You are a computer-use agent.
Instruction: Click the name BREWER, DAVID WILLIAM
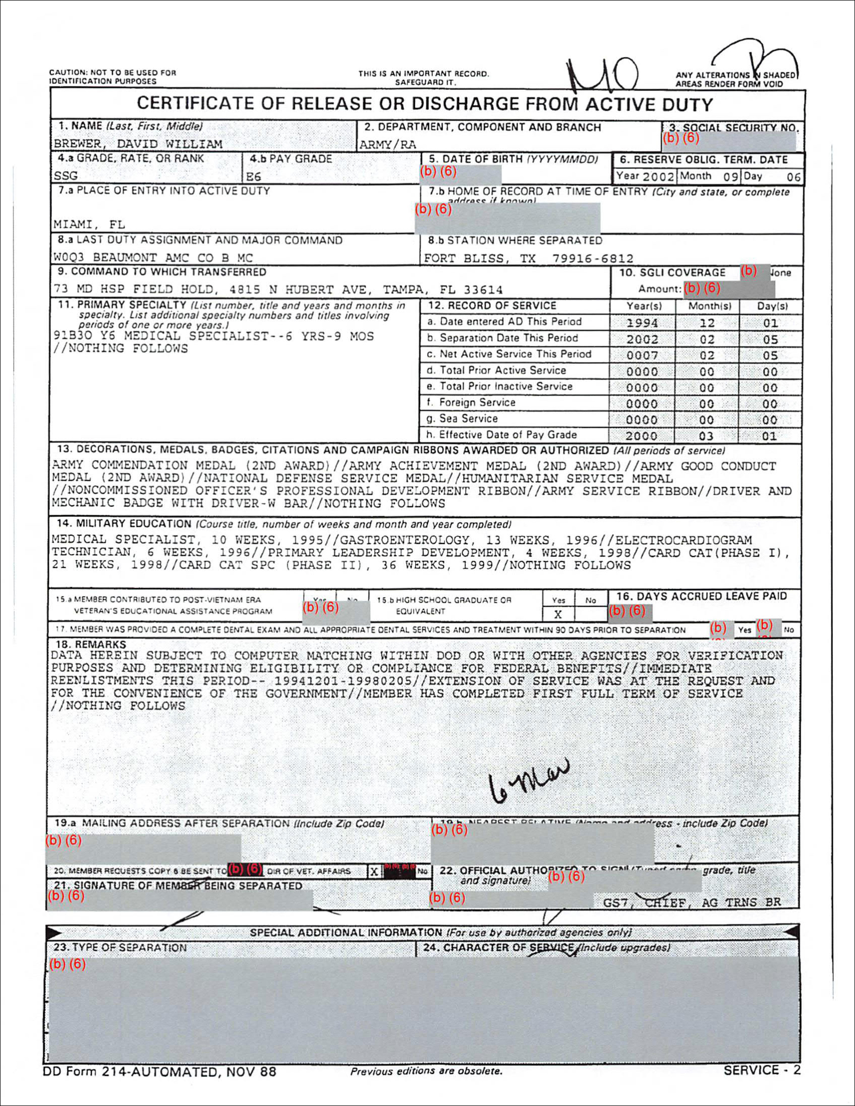click(x=138, y=144)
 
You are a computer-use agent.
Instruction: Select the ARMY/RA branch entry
click(x=387, y=145)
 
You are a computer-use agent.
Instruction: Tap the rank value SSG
click(x=66, y=176)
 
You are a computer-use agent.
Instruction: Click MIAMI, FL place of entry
click(x=89, y=224)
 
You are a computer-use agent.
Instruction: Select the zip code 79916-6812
click(x=592, y=258)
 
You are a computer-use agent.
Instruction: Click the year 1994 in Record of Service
click(x=642, y=323)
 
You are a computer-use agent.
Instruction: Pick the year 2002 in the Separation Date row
click(x=642, y=339)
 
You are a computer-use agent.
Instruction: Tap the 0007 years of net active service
click(x=642, y=355)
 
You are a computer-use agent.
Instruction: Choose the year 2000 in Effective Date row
click(x=642, y=436)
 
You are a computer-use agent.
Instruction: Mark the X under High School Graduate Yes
click(x=558, y=614)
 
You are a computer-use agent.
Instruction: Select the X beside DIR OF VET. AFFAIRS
click(x=374, y=872)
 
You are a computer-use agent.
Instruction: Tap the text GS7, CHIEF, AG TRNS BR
click(x=692, y=902)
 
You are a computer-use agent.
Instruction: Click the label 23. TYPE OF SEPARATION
click(x=120, y=948)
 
